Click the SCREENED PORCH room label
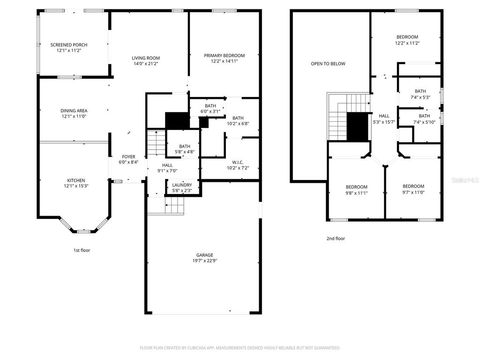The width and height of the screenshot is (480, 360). click(x=69, y=45)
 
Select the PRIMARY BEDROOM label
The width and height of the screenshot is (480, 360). click(x=224, y=55)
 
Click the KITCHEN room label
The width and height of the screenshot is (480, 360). click(x=75, y=180)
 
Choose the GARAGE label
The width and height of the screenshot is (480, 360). click(x=205, y=255)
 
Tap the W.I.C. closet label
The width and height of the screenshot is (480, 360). click(x=238, y=163)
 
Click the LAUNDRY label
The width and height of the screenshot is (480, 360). click(x=181, y=185)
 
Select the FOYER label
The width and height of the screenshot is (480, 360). click(x=128, y=157)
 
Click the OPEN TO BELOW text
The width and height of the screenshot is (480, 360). click(x=328, y=64)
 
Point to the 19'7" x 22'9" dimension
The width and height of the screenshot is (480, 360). click(x=205, y=261)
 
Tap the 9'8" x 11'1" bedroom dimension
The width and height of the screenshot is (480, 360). click(x=356, y=193)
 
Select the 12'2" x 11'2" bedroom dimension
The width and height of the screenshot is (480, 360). click(x=407, y=43)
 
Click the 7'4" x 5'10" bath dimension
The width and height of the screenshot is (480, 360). click(x=424, y=121)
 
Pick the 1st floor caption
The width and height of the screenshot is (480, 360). click(x=82, y=250)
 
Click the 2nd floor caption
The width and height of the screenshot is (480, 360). click(x=336, y=239)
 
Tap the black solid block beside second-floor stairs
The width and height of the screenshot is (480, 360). click(x=357, y=127)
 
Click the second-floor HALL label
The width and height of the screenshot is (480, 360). click(x=384, y=116)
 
